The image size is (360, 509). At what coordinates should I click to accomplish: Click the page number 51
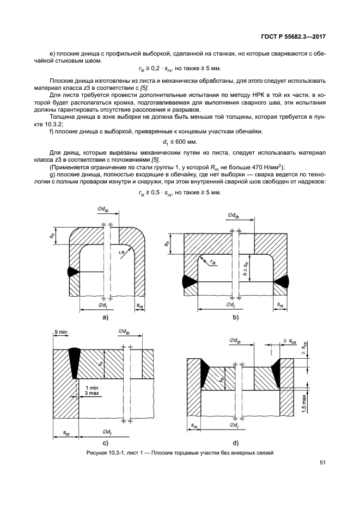pos(322,463)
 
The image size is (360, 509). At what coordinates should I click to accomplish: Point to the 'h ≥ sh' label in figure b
pos(245,269)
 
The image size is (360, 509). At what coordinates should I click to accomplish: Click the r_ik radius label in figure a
pos(123,254)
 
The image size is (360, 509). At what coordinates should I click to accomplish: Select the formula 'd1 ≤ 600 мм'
pos(180,143)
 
